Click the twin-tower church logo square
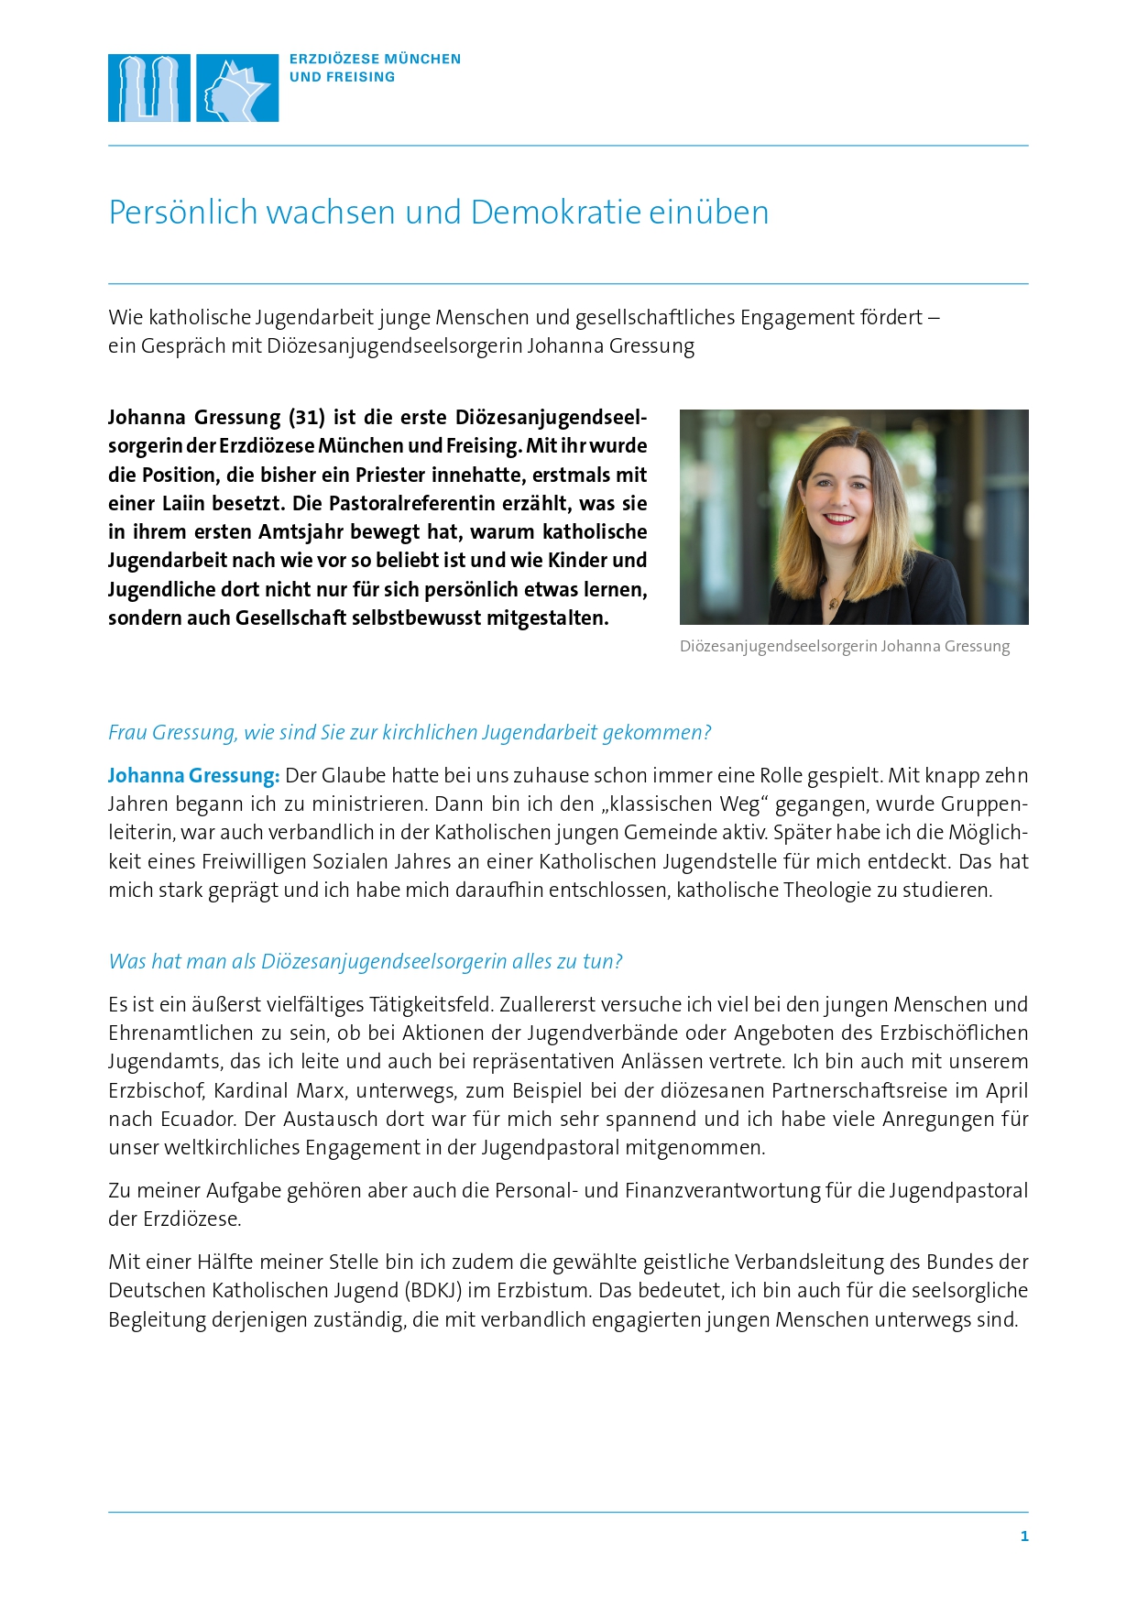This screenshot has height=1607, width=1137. click(148, 88)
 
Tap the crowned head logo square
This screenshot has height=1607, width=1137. click(237, 88)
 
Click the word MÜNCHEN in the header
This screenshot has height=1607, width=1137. click(423, 60)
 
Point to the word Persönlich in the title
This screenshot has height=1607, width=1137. click(182, 213)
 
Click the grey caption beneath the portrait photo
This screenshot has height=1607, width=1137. click(844, 646)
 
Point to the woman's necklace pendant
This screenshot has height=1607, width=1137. click(833, 602)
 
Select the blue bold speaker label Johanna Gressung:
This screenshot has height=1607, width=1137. click(193, 776)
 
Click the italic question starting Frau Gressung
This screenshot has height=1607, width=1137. click(410, 733)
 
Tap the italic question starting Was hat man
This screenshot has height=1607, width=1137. click(365, 962)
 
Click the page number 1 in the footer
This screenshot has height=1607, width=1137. click(1024, 1536)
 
